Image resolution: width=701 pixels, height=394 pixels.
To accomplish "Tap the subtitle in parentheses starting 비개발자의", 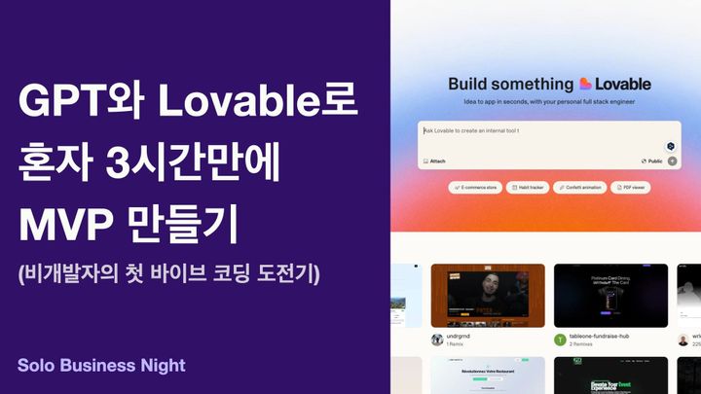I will (176, 275).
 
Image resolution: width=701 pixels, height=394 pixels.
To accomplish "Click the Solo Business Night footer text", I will (101, 366).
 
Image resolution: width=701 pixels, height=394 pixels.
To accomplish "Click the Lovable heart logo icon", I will (585, 84).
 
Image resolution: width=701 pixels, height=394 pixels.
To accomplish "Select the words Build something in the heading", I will (510, 84).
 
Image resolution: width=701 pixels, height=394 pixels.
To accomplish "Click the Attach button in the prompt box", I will (434, 161).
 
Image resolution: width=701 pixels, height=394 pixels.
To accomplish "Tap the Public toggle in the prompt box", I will (652, 161).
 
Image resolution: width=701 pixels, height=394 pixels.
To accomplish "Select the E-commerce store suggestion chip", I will (474, 187).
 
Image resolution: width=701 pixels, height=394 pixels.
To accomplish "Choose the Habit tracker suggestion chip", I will (527, 187).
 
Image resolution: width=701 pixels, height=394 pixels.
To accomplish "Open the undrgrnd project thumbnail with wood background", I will (488, 295).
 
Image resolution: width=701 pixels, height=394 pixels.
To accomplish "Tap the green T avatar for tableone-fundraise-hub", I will (560, 340).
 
